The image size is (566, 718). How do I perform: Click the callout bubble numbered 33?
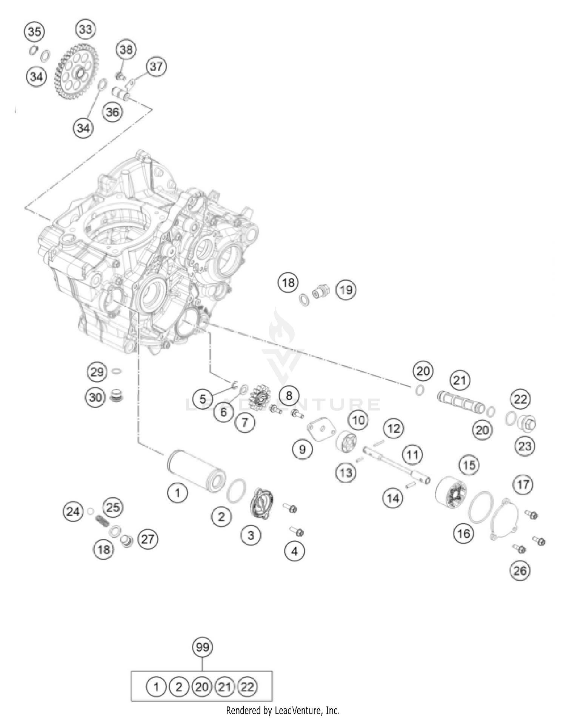coord(85,29)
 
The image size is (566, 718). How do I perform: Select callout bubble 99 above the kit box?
coord(202,647)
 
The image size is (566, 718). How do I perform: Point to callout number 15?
coord(469,465)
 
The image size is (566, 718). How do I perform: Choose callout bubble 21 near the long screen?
coord(459,380)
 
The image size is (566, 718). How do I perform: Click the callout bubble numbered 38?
coord(126,49)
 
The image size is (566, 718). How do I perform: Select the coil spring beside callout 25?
coord(102,522)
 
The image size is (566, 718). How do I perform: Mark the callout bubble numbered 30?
coord(95,397)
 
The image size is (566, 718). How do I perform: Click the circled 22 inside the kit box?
coord(248,687)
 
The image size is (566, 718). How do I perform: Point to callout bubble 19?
coord(346,290)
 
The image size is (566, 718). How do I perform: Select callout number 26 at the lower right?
coord(520,570)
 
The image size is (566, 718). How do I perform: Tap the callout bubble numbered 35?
coord(34,31)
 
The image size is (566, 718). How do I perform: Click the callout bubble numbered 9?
coord(302,449)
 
